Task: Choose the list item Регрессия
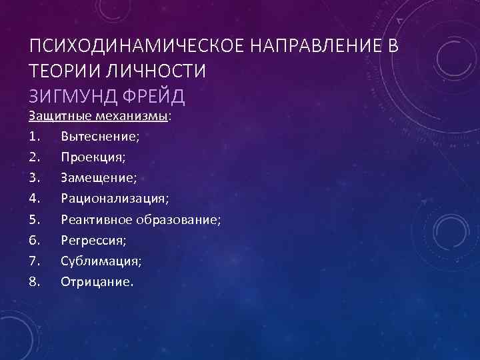coord(93,239)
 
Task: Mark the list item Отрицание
coord(97,281)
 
